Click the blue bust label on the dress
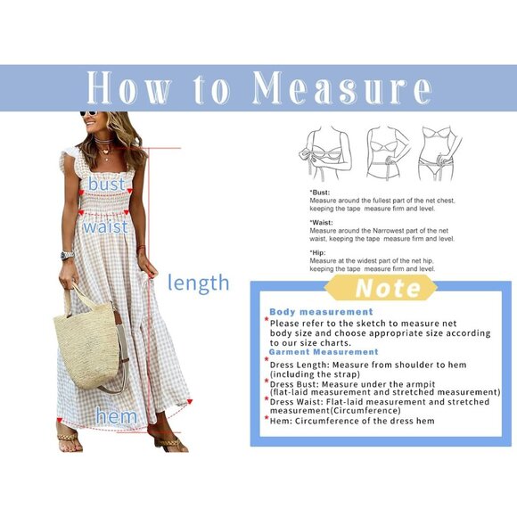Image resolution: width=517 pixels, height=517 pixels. coord(106,184)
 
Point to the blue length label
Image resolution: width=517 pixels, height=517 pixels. coord(198,283)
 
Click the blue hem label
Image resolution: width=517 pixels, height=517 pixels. coord(117,416)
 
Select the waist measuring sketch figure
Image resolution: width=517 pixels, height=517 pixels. coord(386,152)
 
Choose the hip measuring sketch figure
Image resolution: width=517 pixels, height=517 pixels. coord(439,152)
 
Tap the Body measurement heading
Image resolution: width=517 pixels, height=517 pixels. coord(321,312)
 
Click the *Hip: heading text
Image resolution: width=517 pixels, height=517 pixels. coord(317,252)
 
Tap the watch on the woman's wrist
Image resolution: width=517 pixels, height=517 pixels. coord(67,256)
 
